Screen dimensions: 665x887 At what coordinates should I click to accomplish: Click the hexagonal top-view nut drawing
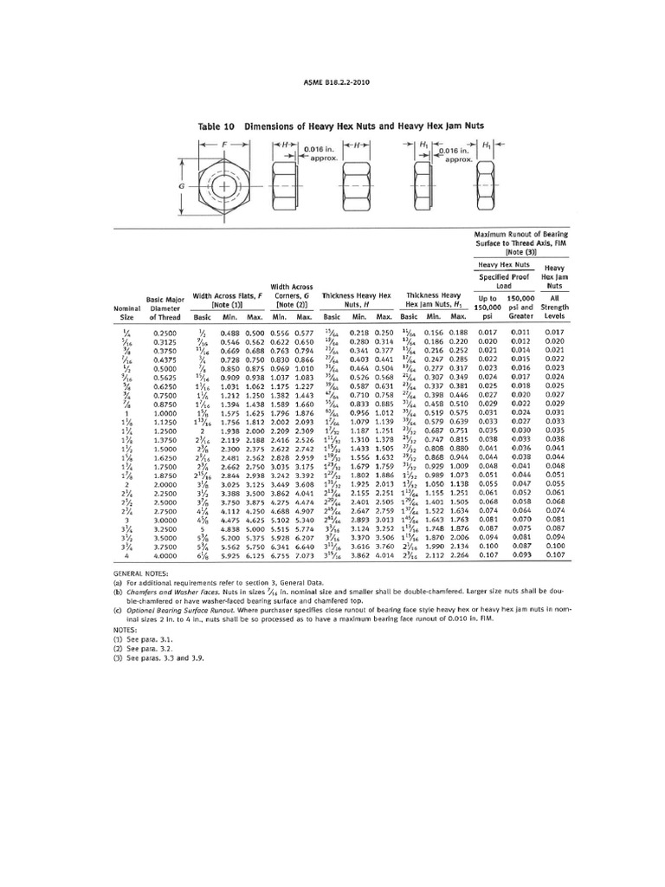[225, 186]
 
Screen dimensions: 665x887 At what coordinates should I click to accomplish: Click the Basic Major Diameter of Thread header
[165, 308]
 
